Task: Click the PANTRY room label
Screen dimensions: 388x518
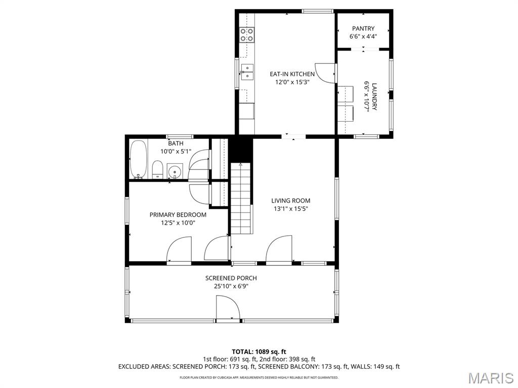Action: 363,29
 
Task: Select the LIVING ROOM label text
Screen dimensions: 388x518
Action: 290,201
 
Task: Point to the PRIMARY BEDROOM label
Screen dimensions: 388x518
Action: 178,215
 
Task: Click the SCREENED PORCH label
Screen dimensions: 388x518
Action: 231,278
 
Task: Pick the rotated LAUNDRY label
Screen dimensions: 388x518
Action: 374,96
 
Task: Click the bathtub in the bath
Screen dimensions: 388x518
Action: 138,159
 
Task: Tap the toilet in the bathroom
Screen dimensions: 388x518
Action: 157,169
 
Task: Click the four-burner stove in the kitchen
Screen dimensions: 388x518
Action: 246,35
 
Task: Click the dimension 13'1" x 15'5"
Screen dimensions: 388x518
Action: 290,208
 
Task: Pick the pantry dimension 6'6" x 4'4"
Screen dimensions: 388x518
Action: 363,36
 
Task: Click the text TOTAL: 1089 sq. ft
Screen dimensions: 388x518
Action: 259,352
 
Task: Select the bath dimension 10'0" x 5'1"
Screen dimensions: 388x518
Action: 176,151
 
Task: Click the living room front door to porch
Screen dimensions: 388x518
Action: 279,250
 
